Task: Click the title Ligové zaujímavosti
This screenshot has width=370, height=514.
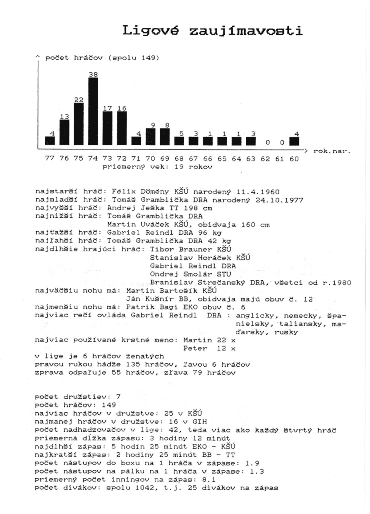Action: point(212,31)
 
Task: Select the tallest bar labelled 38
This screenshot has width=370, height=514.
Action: point(93,111)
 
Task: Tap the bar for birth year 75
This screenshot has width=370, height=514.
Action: point(79,124)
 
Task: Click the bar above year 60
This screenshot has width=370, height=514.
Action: point(294,141)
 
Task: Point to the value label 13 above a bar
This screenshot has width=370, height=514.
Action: point(64,117)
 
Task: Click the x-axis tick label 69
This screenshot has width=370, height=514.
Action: point(165,159)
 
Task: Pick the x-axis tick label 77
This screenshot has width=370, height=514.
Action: point(50,158)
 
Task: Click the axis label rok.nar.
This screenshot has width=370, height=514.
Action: point(332,151)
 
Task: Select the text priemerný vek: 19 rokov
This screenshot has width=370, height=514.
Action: point(157,167)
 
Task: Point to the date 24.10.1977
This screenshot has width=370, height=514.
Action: point(280,200)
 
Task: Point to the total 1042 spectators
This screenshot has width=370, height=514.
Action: point(142,488)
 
